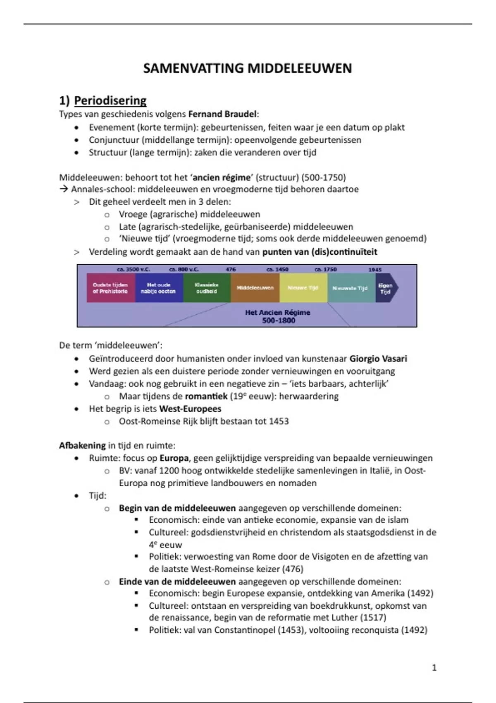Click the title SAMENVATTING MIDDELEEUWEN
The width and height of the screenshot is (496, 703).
pyautogui.click(x=247, y=68)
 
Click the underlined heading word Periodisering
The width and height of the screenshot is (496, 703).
pyautogui.click(x=110, y=100)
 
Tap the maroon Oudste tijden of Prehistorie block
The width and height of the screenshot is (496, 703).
pyautogui.click(x=110, y=288)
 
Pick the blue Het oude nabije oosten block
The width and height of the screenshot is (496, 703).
pyautogui.click(x=159, y=288)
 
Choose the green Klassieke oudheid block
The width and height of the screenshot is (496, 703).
pyautogui.click(x=207, y=288)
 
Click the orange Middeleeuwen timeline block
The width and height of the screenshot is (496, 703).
pyautogui.click(x=255, y=288)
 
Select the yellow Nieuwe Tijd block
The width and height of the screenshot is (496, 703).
pyautogui.click(x=303, y=288)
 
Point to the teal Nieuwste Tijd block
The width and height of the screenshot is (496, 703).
pyautogui.click(x=350, y=288)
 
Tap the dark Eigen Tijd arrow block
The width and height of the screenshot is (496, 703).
pyautogui.click(x=386, y=288)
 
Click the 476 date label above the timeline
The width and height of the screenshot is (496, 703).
pyautogui.click(x=231, y=269)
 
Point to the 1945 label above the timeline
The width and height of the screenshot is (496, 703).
pyautogui.click(x=375, y=269)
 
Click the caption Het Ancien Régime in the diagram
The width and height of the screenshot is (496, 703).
pyautogui.click(x=277, y=313)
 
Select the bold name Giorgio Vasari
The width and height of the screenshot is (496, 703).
pyautogui.click(x=378, y=359)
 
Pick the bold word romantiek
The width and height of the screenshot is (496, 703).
pyautogui.click(x=206, y=396)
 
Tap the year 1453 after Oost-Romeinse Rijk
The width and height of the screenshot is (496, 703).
pyautogui.click(x=279, y=421)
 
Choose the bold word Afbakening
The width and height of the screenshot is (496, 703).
pyautogui.click(x=82, y=445)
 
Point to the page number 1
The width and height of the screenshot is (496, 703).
pyautogui.click(x=434, y=667)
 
